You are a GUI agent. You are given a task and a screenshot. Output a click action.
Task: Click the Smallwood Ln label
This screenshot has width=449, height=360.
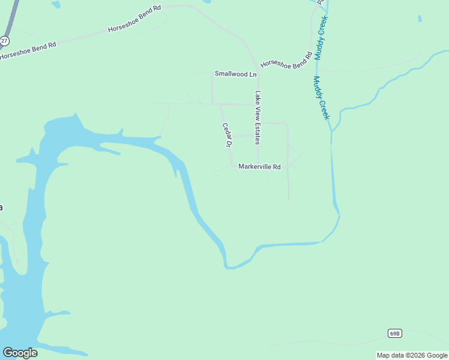235,74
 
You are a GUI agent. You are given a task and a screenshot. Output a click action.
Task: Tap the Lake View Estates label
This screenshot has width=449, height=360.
258,118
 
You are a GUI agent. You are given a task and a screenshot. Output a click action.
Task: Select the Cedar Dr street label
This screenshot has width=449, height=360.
227,135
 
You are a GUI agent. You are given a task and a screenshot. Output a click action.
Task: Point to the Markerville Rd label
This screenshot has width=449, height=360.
259,167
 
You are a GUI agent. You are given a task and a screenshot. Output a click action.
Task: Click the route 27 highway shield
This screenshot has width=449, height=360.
4,40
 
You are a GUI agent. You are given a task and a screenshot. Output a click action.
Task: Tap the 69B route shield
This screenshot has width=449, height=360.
394,333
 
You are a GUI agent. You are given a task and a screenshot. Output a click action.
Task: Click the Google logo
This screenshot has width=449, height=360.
20,353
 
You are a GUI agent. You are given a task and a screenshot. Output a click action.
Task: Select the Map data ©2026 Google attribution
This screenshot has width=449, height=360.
412,355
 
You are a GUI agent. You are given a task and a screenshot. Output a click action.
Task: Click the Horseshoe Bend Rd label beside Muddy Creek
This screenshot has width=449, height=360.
286,62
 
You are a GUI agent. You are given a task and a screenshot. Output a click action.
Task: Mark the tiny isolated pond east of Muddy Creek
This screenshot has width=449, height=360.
419,19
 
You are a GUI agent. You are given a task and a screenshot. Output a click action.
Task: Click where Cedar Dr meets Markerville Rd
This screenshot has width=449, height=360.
232,166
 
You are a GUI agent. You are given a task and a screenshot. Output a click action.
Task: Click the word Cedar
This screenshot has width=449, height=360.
226,130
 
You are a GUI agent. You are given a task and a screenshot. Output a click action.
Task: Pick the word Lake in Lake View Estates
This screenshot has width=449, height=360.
258,97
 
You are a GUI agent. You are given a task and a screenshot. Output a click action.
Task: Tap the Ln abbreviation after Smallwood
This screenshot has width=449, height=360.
253,74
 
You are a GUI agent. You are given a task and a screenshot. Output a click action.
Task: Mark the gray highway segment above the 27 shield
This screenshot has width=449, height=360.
10,18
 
